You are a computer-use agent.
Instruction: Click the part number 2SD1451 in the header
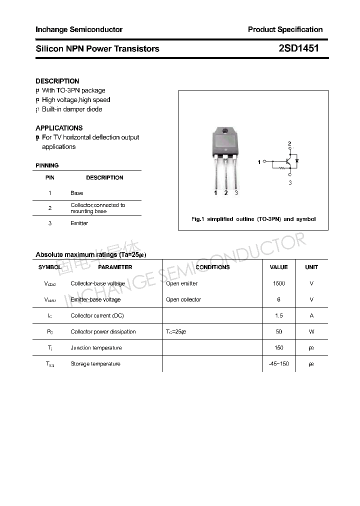298,48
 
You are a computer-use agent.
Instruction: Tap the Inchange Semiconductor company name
79,29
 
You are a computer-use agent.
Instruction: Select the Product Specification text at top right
285,29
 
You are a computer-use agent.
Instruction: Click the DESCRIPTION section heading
57,81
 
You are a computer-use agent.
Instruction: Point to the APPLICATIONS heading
59,128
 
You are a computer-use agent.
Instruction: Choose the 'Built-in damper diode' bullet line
72,109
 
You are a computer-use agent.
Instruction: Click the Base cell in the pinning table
77,193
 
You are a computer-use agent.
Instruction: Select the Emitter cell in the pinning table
79,223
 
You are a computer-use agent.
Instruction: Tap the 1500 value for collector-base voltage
278,283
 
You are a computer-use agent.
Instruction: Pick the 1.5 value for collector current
278,315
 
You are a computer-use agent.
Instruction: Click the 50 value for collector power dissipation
278,331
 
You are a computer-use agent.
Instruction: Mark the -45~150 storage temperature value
278,364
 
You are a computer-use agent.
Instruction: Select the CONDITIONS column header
212,267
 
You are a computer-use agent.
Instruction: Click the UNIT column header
311,267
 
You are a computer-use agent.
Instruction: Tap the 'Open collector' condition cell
183,299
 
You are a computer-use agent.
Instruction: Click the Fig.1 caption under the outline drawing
253,219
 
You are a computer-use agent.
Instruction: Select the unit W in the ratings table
311,331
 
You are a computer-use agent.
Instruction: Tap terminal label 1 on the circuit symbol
259,162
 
